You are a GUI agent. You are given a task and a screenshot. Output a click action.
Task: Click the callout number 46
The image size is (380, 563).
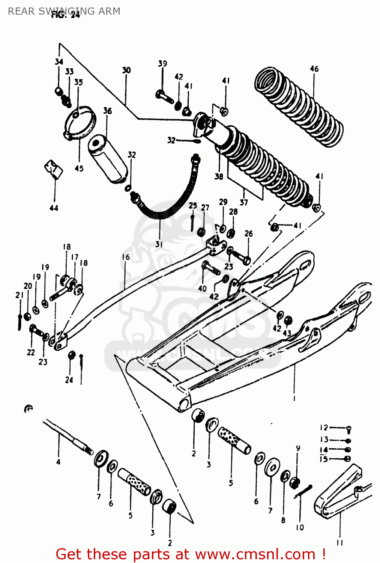314,69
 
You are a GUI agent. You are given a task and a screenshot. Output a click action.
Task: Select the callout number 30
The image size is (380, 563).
126,70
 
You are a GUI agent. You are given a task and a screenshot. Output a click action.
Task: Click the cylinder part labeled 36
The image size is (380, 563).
107,159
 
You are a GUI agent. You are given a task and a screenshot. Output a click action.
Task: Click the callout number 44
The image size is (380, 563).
54,208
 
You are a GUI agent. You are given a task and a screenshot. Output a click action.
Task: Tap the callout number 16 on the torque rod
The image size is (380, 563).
126,257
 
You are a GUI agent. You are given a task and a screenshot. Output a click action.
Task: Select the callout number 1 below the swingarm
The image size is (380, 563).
294,398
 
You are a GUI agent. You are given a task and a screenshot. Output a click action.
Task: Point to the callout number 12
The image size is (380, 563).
324,428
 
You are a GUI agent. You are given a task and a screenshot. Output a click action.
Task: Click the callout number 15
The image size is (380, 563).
323,459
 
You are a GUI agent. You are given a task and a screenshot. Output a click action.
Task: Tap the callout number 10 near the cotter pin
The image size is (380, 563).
300,527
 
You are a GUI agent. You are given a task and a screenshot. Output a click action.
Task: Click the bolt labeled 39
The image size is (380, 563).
164,96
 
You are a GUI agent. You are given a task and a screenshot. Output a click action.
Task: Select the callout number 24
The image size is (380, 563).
69,380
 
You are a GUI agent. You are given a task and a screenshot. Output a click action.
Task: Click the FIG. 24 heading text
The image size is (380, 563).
66,15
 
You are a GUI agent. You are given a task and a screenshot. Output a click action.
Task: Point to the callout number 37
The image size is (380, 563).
244,202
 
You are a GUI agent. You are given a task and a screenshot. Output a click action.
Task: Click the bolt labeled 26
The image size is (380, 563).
242,257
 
